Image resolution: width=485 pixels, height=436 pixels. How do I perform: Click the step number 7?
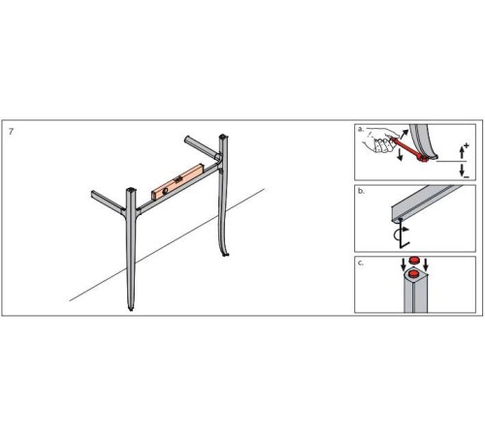tap(12, 132)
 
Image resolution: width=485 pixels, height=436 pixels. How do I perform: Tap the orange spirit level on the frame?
tap(178, 181)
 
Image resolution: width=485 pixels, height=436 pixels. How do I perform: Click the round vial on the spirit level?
tap(165, 191)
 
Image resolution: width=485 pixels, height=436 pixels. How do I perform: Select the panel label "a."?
tap(361, 129)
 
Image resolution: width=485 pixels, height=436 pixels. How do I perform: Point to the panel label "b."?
tap(361, 191)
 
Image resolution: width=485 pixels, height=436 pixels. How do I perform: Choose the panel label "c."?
tap(361, 263)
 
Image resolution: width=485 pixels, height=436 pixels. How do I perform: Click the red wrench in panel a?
tap(409, 148)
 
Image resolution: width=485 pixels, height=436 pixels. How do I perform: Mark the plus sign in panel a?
tap(466, 145)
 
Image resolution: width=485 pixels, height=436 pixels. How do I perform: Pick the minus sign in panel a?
tap(467, 176)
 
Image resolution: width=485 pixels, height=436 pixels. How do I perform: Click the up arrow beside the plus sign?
tap(462, 153)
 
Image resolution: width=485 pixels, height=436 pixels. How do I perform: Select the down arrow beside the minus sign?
tap(462, 170)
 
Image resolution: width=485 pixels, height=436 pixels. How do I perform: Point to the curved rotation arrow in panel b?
tap(400, 234)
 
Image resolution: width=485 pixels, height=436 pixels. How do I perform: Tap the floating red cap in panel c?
tap(414, 260)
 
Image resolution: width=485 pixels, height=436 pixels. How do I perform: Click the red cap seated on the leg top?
tap(413, 274)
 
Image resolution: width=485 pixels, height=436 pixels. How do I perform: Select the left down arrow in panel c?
tap(404, 265)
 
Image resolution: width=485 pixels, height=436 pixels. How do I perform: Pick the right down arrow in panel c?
tap(426, 265)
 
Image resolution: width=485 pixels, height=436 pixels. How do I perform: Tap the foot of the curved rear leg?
tap(225, 254)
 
